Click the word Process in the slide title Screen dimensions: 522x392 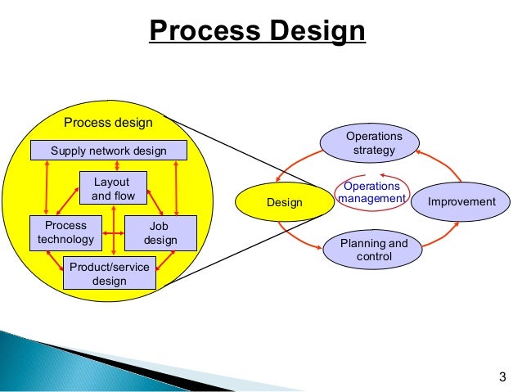click(x=200, y=32)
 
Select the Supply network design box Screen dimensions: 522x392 click(x=109, y=151)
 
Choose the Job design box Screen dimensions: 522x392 click(x=160, y=232)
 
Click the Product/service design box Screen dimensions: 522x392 click(x=109, y=273)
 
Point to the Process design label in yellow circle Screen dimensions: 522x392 click(x=108, y=123)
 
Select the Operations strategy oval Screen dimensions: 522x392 click(x=374, y=142)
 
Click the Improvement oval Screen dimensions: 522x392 click(x=462, y=202)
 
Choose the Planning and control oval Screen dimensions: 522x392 click(x=374, y=250)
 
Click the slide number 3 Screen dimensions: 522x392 click(x=502, y=377)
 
